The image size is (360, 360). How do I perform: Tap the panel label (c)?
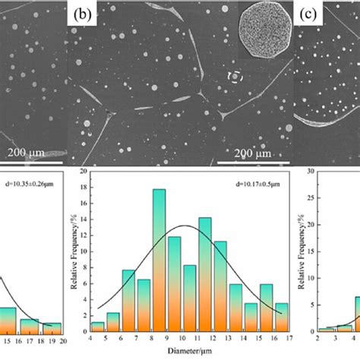pos(308,14)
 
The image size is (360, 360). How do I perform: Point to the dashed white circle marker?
pos(236,77)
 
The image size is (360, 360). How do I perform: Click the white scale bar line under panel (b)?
pos(252,163)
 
